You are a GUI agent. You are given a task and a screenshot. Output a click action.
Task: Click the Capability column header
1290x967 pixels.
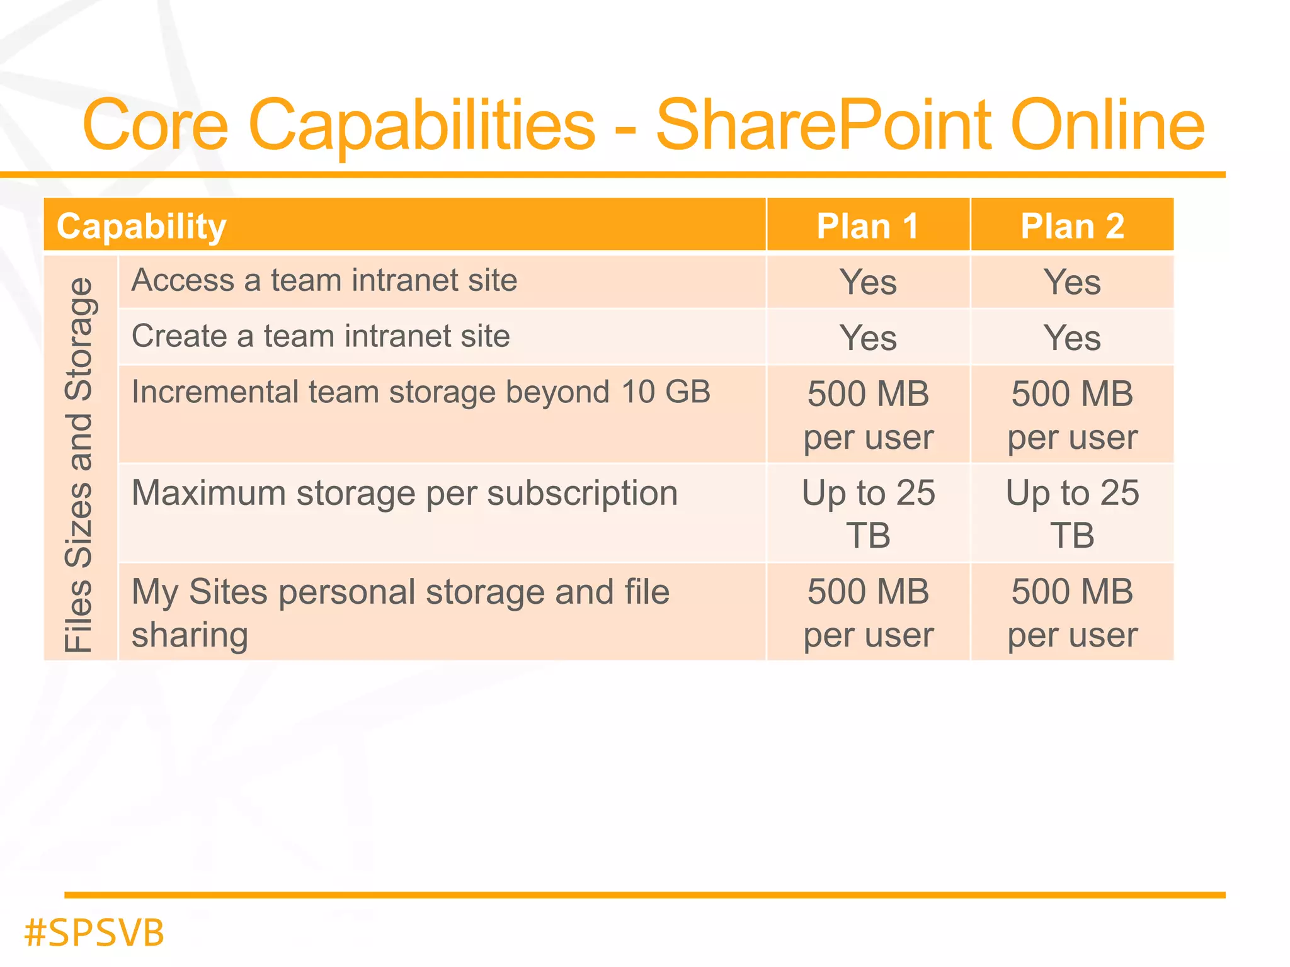[141, 227]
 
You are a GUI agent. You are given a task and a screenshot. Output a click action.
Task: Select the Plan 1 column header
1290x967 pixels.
[867, 227]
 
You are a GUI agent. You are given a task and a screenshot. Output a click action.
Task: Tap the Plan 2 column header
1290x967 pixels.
[1072, 227]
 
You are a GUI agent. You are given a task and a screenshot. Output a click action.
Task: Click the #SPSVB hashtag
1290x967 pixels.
[94, 932]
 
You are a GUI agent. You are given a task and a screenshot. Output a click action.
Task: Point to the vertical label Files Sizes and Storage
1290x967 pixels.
[80, 465]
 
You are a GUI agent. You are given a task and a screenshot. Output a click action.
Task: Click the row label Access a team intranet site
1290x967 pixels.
[324, 281]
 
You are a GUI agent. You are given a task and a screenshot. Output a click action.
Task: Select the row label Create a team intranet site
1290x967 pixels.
[321, 336]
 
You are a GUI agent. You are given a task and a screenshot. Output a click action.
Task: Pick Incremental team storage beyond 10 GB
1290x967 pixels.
[421, 392]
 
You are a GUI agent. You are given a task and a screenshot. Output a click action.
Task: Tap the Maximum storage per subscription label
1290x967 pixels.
[404, 493]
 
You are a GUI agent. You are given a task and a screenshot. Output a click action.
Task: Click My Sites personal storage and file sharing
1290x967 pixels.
[400, 613]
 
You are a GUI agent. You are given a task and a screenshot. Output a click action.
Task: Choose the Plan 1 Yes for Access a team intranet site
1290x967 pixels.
[868, 282]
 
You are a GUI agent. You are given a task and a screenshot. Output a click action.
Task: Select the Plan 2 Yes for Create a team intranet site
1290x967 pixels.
[1072, 338]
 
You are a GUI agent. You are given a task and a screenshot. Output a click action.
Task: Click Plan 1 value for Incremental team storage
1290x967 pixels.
[868, 415]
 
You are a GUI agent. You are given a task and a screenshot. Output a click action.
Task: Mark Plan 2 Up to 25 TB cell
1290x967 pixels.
[1072, 514]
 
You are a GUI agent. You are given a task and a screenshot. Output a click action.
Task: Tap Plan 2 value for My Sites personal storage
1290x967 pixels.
[1072, 613]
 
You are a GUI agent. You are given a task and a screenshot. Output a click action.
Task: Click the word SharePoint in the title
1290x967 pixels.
[824, 125]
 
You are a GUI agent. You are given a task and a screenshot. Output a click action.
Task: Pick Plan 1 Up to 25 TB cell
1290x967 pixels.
[868, 514]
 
